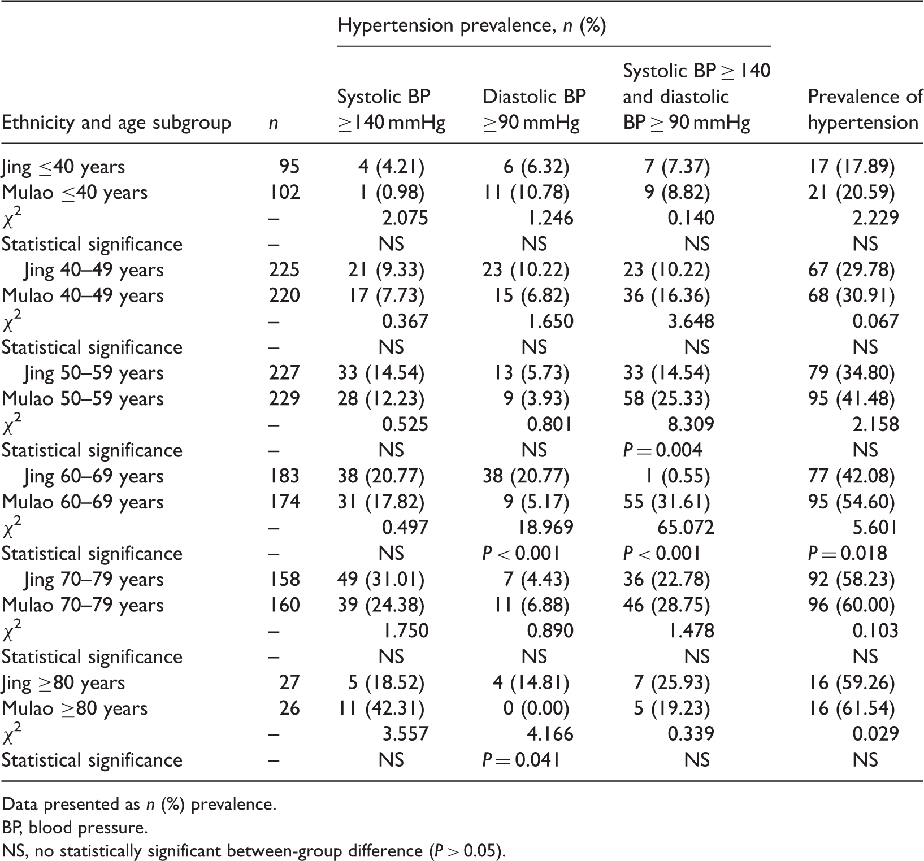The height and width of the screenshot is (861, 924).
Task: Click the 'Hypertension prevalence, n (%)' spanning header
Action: pyautogui.click(x=472, y=26)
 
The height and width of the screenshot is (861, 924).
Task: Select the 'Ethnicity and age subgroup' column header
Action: pyautogui.click(x=116, y=123)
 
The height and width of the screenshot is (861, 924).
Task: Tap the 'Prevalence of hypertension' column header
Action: pyautogui.click(x=865, y=110)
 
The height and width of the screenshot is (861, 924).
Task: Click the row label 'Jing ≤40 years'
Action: pyautogui.click(x=63, y=167)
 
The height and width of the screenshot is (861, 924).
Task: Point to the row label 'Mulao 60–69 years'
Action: pyautogui.click(x=83, y=502)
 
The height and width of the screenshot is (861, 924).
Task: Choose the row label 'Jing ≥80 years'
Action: pyautogui.click(x=63, y=682)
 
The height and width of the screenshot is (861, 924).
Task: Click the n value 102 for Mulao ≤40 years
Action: pyautogui.click(x=285, y=192)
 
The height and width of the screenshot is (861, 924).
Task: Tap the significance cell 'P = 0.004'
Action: pyautogui.click(x=662, y=450)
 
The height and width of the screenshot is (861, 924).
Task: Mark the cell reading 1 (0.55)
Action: pyautogui.click(x=678, y=476)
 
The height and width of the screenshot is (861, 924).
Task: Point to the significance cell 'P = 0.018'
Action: pyautogui.click(x=847, y=553)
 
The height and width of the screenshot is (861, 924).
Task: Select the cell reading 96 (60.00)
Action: pyautogui.click(x=851, y=605)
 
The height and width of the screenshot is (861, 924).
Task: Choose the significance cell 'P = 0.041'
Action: pyautogui.click(x=521, y=760)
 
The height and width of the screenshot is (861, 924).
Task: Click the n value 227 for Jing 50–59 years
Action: pyautogui.click(x=285, y=373)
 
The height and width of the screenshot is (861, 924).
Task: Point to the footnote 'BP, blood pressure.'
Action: pyautogui.click(x=75, y=828)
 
